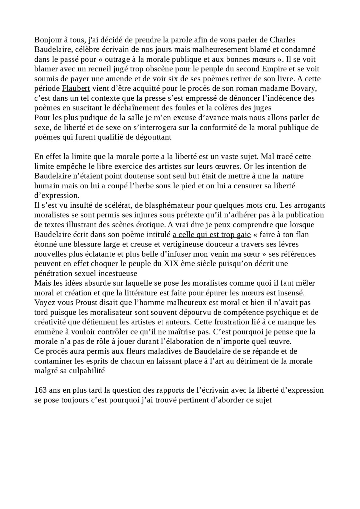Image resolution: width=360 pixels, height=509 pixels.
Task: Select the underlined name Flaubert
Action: click(x=76, y=89)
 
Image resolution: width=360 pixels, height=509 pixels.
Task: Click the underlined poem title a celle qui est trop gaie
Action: click(x=211, y=235)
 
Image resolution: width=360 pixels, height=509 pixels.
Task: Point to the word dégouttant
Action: click(x=153, y=137)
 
